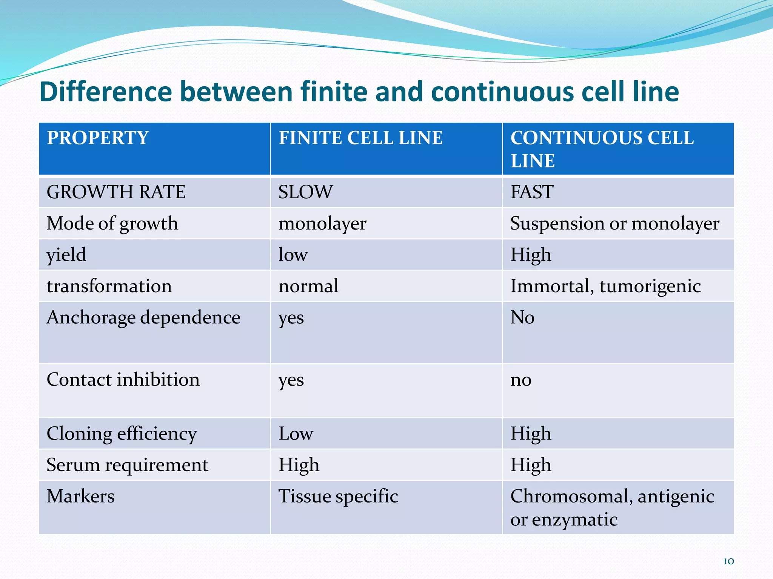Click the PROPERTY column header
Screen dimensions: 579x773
[x=98, y=138]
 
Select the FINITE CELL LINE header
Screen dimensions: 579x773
[x=360, y=138]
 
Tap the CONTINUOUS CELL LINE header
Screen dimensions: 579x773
[x=602, y=149]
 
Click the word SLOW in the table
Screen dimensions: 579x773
[x=306, y=192]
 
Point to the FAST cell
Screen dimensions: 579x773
[x=532, y=192]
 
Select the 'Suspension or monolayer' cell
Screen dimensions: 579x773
[x=614, y=224]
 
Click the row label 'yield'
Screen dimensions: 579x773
[x=66, y=255]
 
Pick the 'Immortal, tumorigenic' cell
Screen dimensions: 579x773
[x=605, y=286]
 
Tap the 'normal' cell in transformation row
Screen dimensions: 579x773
[x=308, y=286]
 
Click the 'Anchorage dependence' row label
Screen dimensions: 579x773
[x=143, y=317]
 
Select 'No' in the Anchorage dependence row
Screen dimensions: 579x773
[x=522, y=317]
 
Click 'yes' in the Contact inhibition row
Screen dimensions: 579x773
[x=291, y=380]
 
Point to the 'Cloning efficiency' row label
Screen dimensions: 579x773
[x=122, y=434]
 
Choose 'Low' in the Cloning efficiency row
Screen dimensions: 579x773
[x=296, y=434]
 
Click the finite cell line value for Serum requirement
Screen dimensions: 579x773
[x=299, y=465]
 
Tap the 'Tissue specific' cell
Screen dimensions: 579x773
[x=338, y=496]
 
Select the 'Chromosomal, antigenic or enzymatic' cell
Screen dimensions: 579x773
[x=611, y=508]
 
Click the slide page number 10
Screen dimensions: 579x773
[x=728, y=561]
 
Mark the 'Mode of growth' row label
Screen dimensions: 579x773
[x=112, y=224]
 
